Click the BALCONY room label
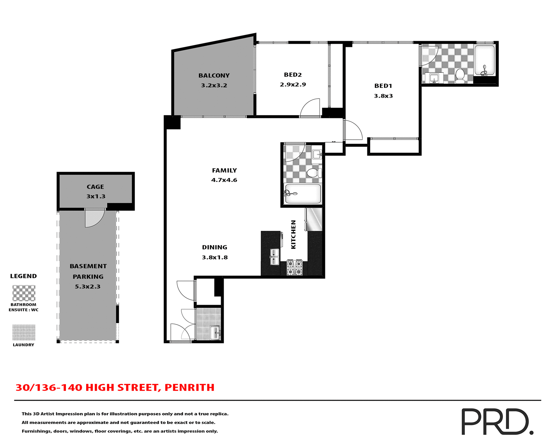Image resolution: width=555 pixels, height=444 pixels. (x=214, y=75)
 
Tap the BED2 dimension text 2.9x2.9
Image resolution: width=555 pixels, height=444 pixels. (x=293, y=85)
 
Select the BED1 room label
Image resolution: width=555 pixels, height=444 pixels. (x=383, y=86)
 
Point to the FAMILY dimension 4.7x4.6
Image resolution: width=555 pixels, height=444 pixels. (x=224, y=180)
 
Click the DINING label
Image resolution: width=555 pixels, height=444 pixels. (x=214, y=247)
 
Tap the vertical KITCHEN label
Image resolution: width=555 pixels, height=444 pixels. (x=293, y=234)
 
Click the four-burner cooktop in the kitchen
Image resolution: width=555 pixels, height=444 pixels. (x=294, y=268)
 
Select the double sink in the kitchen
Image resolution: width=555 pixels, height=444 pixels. (x=274, y=257)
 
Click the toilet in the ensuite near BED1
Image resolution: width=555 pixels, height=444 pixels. (x=460, y=76)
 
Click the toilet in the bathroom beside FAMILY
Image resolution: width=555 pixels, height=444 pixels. (x=314, y=173)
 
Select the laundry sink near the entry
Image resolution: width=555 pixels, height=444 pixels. (x=215, y=333)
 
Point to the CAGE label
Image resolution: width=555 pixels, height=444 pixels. (x=95, y=187)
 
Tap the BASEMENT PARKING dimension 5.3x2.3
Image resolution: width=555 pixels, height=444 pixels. (x=88, y=287)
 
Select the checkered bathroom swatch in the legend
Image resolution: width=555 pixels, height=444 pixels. (x=24, y=293)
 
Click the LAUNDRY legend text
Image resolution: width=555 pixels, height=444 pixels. (x=23, y=345)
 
